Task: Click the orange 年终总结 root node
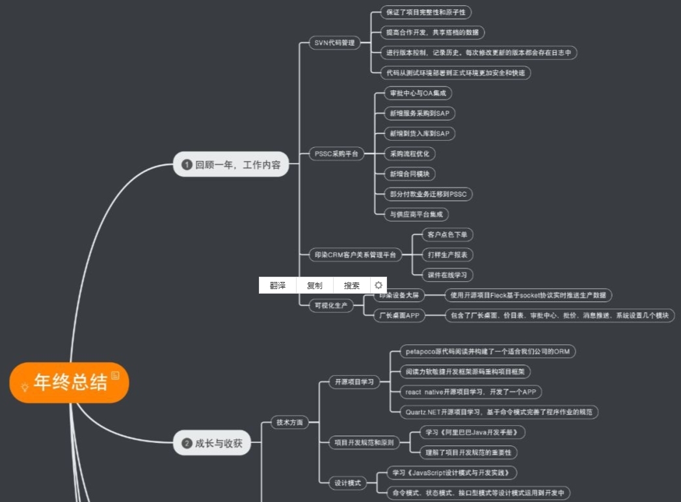(x=69, y=382)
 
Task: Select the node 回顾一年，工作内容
(x=231, y=165)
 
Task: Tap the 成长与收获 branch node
(x=212, y=443)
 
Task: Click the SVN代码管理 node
(x=334, y=43)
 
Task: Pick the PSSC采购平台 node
(x=336, y=154)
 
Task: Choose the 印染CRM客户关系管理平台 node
(x=354, y=255)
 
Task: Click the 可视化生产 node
(x=331, y=305)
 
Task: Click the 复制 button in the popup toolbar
(x=315, y=285)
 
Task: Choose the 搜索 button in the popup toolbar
(x=352, y=285)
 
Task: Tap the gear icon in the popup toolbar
(x=379, y=285)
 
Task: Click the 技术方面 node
(x=289, y=423)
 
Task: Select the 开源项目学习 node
(x=353, y=382)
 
